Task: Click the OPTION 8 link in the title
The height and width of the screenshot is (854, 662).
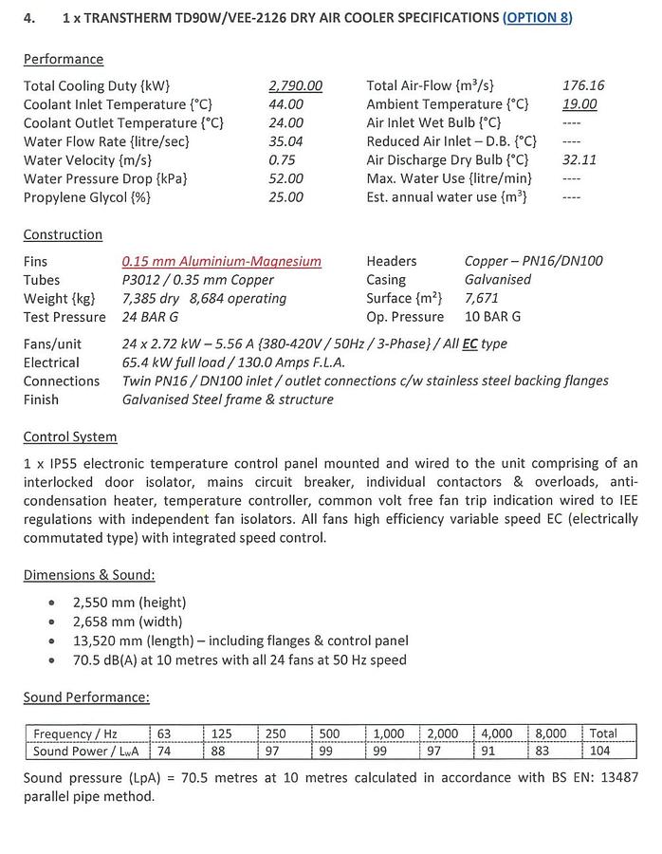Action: click(538, 18)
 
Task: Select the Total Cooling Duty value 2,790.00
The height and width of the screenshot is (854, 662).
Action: click(295, 85)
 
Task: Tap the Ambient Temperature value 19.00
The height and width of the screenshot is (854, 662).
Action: click(579, 104)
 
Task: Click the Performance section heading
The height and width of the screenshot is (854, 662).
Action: click(64, 59)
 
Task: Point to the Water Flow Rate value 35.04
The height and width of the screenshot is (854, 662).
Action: click(285, 141)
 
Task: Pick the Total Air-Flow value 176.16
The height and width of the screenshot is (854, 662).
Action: click(583, 85)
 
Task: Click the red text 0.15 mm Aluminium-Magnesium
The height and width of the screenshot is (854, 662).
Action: click(221, 261)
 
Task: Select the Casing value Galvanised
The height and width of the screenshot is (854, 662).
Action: click(498, 280)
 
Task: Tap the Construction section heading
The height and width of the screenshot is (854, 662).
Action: click(63, 234)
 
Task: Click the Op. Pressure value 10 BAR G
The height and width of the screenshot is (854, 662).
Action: click(492, 317)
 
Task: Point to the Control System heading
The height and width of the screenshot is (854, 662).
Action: click(70, 437)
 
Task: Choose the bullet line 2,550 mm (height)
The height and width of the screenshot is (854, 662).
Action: click(129, 603)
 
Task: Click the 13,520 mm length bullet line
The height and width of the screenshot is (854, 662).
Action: click(240, 640)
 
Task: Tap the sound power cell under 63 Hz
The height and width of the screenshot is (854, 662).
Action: click(165, 752)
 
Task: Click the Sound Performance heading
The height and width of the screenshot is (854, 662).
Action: click(86, 697)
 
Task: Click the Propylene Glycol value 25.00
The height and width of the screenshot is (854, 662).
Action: click(285, 197)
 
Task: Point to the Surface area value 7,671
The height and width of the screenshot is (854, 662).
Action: click(482, 298)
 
